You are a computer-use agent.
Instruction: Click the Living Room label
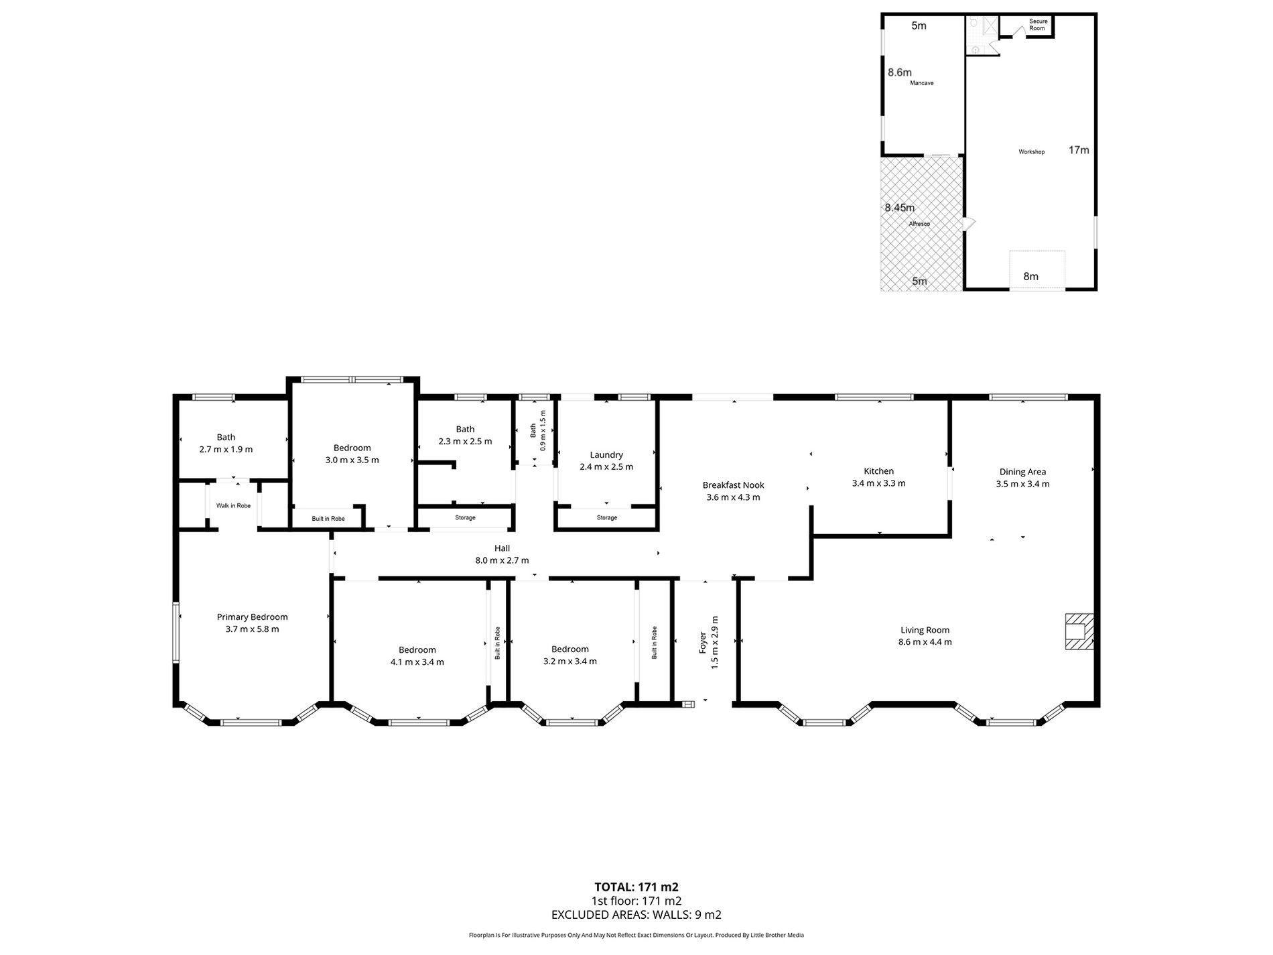click(925, 630)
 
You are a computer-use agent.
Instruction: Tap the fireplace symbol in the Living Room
click(1079, 631)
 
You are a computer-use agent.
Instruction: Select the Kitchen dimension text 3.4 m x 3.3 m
click(878, 483)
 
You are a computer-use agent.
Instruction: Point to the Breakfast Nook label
click(733, 485)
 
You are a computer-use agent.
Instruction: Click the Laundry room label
click(606, 455)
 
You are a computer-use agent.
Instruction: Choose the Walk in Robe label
click(233, 505)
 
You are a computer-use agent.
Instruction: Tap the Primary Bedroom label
click(252, 617)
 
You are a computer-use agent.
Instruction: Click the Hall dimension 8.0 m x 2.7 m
click(502, 560)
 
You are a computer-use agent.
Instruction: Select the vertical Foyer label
click(703, 643)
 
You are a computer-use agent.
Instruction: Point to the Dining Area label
click(1022, 472)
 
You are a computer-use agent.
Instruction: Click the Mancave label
click(922, 83)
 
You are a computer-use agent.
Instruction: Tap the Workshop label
click(1032, 152)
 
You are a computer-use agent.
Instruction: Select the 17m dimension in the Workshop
click(1079, 150)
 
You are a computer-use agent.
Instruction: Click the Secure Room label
click(1038, 25)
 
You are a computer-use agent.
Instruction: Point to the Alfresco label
click(919, 224)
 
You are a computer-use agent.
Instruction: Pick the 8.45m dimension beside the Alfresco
click(900, 208)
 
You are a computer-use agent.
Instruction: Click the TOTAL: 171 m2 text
click(636, 887)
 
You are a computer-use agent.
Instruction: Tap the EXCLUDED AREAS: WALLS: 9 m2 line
click(636, 915)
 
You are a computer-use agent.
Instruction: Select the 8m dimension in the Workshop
click(1030, 276)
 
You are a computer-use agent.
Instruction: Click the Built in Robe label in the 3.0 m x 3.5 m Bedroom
click(328, 519)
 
